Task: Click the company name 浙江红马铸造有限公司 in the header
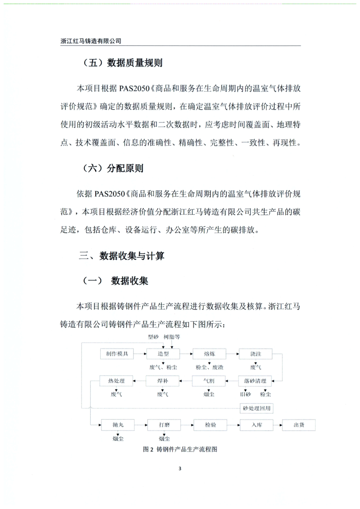[x=91, y=41]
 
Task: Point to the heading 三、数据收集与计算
[x=122, y=256]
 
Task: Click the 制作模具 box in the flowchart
[x=117, y=354]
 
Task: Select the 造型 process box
[x=163, y=354]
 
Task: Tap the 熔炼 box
[x=209, y=354]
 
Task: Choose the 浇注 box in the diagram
[x=255, y=354]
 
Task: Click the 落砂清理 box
[x=255, y=381]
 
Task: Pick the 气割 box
[x=209, y=381]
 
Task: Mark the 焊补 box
[x=163, y=381]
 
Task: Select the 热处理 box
[x=117, y=381]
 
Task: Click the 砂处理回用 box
[x=257, y=408]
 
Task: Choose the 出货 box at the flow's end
[x=299, y=425]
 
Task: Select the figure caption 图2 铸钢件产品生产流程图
[x=180, y=450]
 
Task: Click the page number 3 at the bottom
[x=180, y=468]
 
